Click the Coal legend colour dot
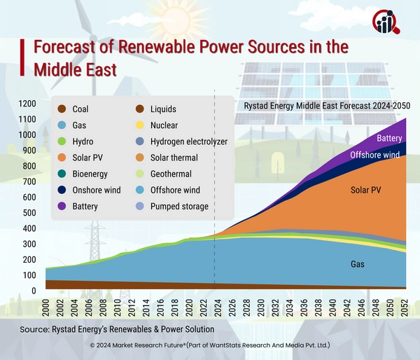click(x=61, y=109)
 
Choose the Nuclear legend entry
click(x=162, y=125)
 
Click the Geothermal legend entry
click(x=171, y=174)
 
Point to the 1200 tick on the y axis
click(x=26, y=104)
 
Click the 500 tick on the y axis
click(x=28, y=213)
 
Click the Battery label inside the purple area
click(x=389, y=139)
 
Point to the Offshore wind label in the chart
click(x=374, y=155)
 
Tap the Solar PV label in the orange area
click(x=366, y=190)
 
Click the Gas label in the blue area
click(x=357, y=265)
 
